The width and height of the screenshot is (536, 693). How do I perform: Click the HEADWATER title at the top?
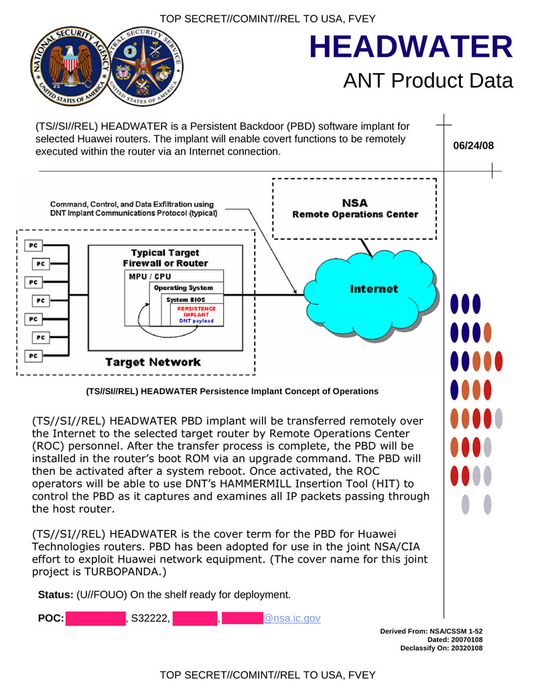(x=411, y=47)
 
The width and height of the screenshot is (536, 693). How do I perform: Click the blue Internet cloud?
(x=373, y=289)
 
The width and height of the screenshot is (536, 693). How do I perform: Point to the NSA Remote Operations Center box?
(x=355, y=208)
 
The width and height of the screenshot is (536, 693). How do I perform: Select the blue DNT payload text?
(x=196, y=321)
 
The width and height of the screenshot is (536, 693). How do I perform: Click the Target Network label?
(x=153, y=362)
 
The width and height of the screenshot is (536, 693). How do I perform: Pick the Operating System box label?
(x=183, y=288)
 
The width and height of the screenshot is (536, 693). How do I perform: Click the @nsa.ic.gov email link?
(x=291, y=618)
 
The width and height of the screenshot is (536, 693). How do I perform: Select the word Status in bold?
(x=55, y=595)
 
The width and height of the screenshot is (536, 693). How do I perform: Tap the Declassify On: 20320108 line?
(x=442, y=648)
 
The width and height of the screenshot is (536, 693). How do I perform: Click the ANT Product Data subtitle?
(x=427, y=81)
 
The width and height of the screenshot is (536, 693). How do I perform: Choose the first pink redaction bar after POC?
(x=95, y=618)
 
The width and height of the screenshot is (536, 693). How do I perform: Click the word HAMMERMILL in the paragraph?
(x=267, y=483)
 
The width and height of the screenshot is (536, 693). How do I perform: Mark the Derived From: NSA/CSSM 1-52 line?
(x=431, y=631)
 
